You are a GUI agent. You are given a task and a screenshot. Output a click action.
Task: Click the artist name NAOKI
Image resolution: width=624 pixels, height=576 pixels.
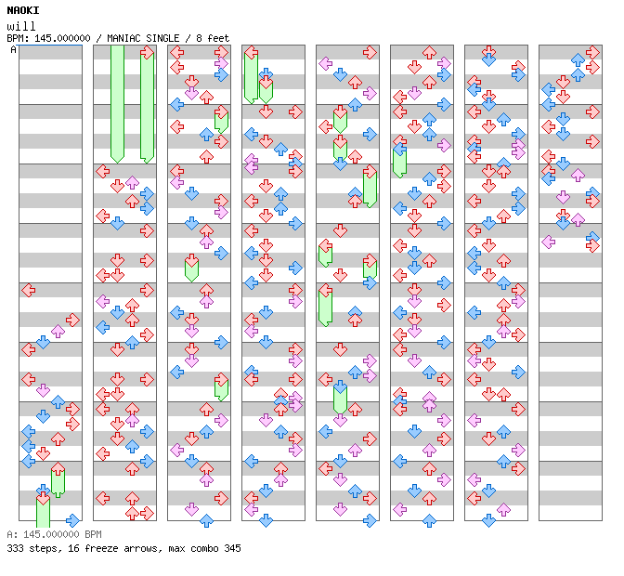click(23, 10)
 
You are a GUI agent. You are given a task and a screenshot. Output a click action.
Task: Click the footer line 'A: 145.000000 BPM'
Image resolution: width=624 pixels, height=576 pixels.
click(53, 535)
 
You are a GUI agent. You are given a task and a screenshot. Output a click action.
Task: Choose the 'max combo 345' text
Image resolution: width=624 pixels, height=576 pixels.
click(201, 548)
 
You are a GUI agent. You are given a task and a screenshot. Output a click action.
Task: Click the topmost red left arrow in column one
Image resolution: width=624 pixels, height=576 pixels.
click(28, 291)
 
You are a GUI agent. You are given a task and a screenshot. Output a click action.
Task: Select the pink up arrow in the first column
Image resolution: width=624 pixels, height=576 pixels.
click(58, 331)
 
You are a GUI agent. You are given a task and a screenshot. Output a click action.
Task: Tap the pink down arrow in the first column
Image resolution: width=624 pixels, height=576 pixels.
click(43, 390)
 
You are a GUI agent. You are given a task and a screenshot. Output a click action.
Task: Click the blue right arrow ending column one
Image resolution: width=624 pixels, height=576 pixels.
click(72, 520)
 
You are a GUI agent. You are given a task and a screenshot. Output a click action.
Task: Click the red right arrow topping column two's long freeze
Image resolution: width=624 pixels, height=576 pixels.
click(147, 53)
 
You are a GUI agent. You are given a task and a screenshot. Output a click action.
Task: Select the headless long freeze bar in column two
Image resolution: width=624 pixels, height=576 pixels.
click(117, 102)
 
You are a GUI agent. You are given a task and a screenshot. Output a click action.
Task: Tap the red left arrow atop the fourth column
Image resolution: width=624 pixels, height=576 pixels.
click(251, 53)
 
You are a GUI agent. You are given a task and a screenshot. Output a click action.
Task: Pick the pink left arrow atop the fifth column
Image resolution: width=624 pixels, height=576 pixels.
click(325, 64)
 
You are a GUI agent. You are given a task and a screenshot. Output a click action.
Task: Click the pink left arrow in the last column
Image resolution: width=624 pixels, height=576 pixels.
click(548, 242)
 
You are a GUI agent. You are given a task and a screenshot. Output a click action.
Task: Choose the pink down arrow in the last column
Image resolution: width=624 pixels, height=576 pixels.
click(563, 197)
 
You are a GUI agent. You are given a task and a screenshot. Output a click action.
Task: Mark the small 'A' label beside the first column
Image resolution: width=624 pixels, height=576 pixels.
click(13, 50)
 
